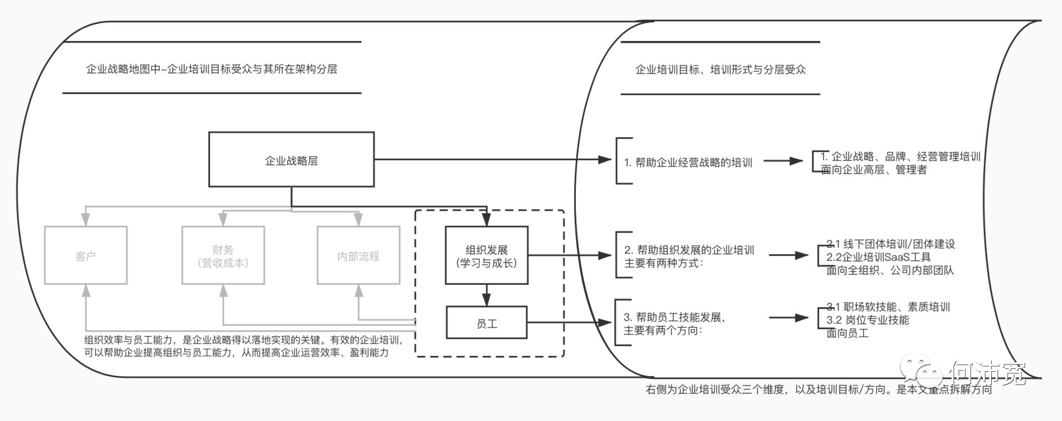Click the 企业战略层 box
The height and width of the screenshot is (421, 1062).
click(x=291, y=160)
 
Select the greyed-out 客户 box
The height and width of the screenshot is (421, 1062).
click(x=86, y=256)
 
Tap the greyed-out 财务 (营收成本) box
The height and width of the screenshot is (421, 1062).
click(x=223, y=256)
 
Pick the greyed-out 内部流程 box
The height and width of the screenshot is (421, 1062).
click(x=358, y=256)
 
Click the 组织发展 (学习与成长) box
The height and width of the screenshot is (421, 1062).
click(x=487, y=256)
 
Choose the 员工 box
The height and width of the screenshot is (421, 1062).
click(x=487, y=324)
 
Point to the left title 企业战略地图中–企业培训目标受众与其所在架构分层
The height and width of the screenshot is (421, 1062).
click(x=211, y=69)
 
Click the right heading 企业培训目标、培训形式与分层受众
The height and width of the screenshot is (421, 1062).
click(x=720, y=70)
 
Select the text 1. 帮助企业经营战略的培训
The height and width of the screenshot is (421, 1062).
click(x=688, y=162)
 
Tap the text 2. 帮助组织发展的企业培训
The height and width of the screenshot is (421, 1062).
click(x=689, y=250)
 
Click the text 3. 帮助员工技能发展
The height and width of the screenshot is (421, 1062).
click(x=674, y=317)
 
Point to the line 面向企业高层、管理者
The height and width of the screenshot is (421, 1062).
click(x=874, y=170)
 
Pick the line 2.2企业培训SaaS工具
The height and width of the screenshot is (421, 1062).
click(x=878, y=257)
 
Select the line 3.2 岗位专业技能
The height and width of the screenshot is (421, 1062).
click(x=867, y=320)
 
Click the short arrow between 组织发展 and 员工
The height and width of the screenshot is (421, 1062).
click(x=487, y=295)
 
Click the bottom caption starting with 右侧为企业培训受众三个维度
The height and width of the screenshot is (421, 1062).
click(x=819, y=389)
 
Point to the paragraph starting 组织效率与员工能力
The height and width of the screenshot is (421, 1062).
click(x=243, y=346)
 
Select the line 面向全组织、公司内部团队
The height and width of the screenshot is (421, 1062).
click(x=890, y=271)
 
